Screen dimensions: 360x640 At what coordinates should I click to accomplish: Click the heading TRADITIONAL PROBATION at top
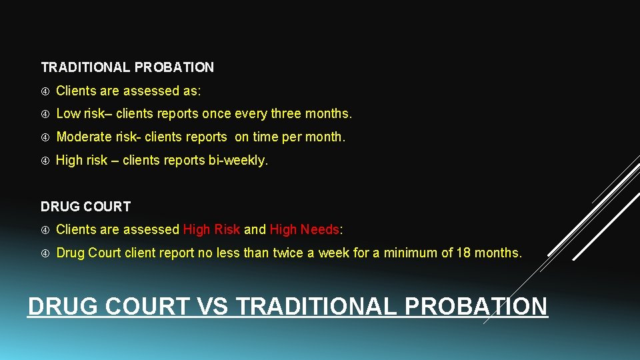pyautogui.click(x=127, y=67)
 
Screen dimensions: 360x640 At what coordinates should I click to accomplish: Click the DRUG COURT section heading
pyautogui.click(x=85, y=207)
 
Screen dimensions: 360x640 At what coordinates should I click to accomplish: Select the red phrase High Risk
pyautogui.click(x=211, y=229)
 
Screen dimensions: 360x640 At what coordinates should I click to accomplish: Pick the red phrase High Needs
pyautogui.click(x=304, y=229)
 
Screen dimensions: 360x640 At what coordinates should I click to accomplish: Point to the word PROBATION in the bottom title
pyautogui.click(x=475, y=306)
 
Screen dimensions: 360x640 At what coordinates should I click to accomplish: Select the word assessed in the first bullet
pyautogui.click(x=149, y=91)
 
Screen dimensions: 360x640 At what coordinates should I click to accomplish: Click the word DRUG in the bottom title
pyautogui.click(x=62, y=306)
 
